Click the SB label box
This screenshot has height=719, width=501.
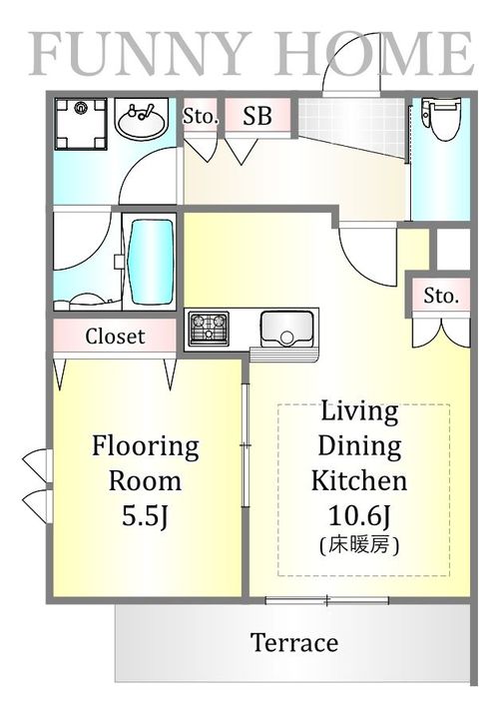257,116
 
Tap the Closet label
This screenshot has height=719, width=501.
115,337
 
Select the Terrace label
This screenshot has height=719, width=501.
294,642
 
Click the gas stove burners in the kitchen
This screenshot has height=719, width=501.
209,329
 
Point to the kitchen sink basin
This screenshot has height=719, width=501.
287,329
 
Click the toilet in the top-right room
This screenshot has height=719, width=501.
440,118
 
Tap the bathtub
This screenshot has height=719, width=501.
151,263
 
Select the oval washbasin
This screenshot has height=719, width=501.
142,121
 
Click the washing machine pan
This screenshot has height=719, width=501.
81,124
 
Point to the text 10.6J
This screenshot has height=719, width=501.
359,516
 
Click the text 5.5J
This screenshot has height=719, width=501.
145,516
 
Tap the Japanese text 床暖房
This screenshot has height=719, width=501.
359,545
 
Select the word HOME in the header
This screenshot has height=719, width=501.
374,54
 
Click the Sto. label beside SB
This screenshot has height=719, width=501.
201,116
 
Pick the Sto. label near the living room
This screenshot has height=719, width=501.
441,296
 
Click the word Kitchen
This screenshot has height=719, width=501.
359,480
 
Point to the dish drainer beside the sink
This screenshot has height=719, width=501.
284,355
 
